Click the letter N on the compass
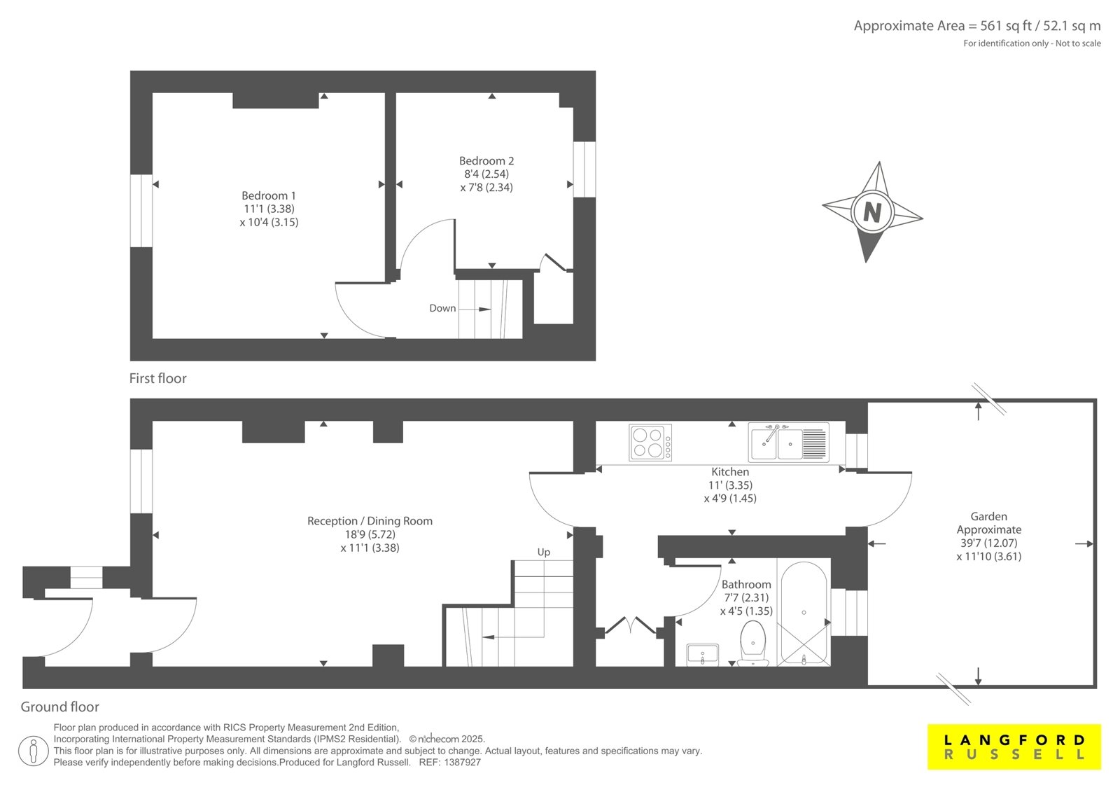(x=872, y=212)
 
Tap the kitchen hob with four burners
(x=650, y=443)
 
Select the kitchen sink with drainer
(x=788, y=443)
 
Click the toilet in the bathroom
(x=752, y=644)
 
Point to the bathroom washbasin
(x=703, y=655)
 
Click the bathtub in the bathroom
(x=804, y=613)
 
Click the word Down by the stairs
(x=442, y=308)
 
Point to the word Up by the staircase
(x=543, y=552)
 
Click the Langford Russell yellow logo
(x=1014, y=746)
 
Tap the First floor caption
(x=157, y=378)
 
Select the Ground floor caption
(x=60, y=707)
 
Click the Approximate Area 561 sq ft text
(x=977, y=26)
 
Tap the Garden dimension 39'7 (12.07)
(x=988, y=543)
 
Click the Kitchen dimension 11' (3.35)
(x=730, y=485)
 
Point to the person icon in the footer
(x=34, y=751)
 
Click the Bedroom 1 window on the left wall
(x=141, y=211)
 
